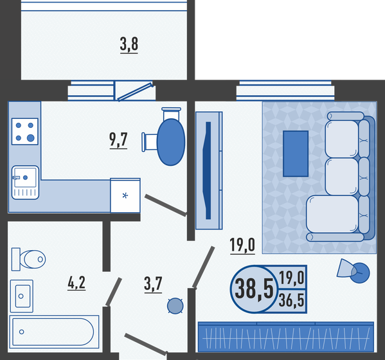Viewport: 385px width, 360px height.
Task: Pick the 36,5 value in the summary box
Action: pos(292,299)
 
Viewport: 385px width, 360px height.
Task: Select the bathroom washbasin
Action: pos(23,296)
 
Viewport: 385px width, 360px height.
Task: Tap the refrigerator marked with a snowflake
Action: pos(125,195)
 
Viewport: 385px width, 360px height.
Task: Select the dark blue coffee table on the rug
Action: pos(296,154)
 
